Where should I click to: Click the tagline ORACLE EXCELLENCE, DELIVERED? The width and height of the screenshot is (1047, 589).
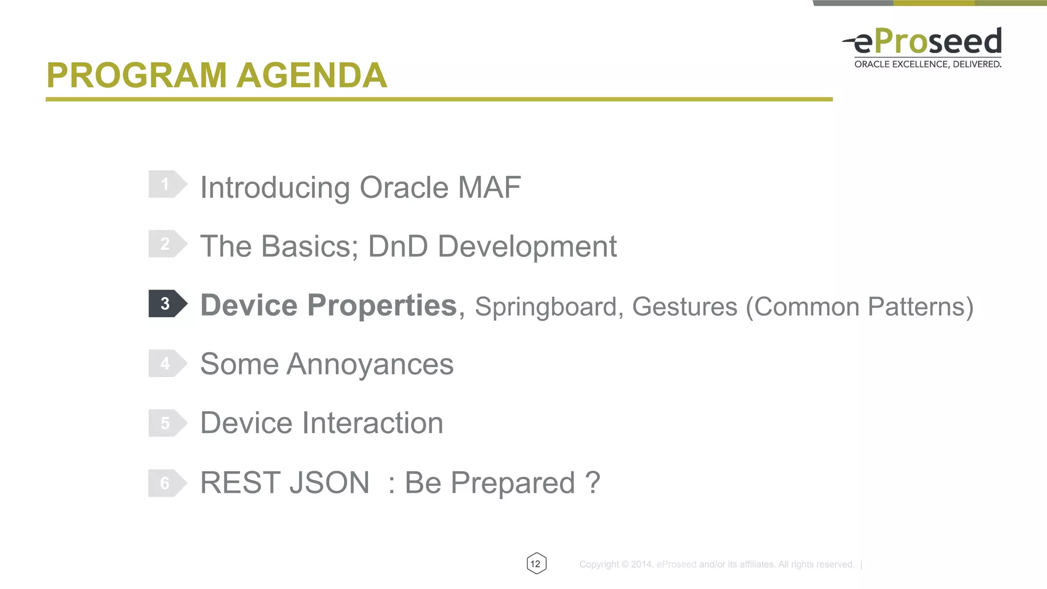(x=927, y=64)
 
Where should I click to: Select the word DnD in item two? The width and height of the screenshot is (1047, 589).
(x=398, y=247)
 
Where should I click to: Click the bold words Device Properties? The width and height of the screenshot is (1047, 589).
(x=328, y=305)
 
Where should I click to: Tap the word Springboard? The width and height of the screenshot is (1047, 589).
(x=546, y=307)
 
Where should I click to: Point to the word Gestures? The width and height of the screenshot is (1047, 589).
(x=685, y=307)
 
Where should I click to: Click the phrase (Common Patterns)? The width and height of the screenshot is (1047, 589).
(x=859, y=307)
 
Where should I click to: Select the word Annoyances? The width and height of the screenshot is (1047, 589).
(x=370, y=365)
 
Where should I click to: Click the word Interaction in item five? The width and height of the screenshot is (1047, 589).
(x=373, y=423)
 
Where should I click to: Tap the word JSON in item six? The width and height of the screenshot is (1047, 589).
(x=329, y=483)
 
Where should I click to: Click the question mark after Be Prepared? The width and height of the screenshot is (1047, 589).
(x=592, y=483)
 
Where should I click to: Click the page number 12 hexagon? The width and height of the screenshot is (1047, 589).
(x=536, y=563)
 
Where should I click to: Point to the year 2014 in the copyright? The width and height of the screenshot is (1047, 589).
(x=642, y=564)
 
